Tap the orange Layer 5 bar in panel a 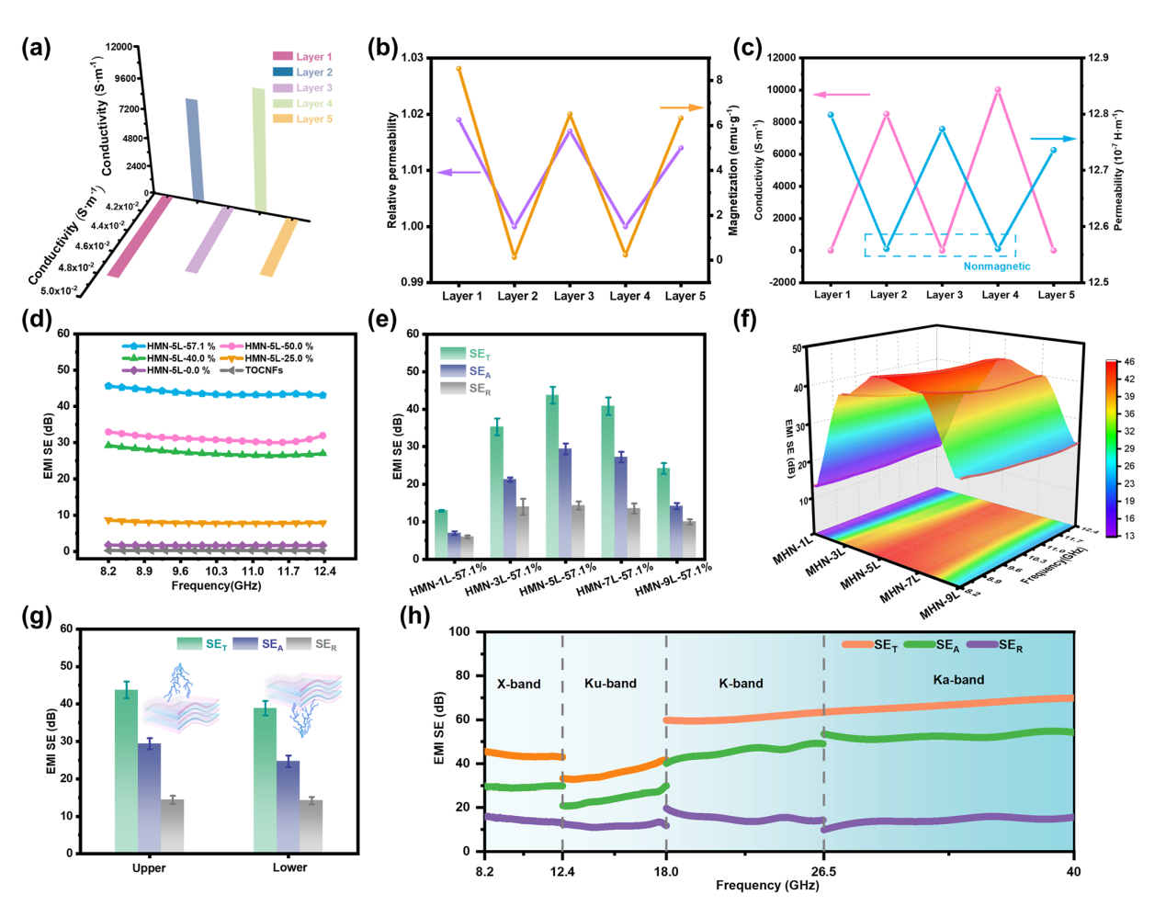[x=279, y=248]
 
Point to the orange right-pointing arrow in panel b [x=681, y=108]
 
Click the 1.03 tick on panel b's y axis [x=413, y=58]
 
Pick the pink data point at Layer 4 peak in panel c [x=998, y=90]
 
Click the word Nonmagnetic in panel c [x=996, y=266]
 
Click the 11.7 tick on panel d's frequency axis [x=289, y=572]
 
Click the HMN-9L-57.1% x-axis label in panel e [x=674, y=580]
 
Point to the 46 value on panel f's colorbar [x=1128, y=362]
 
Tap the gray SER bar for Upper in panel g [x=173, y=826]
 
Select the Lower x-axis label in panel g [x=289, y=867]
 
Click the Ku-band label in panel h [x=610, y=684]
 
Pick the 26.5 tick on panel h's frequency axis [x=823, y=872]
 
